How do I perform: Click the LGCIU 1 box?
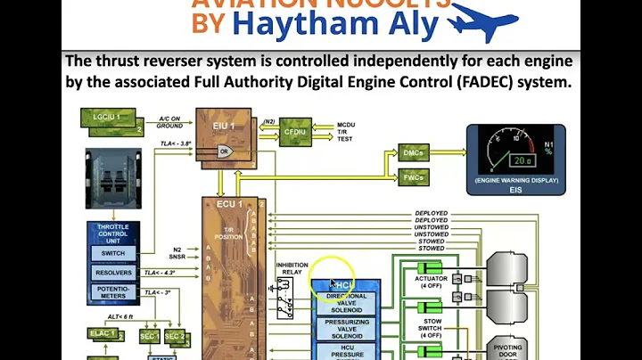(107, 118)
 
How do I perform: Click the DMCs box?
(413, 153)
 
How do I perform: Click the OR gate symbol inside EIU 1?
(226, 151)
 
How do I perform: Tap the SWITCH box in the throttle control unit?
(112, 253)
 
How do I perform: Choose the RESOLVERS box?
(112, 273)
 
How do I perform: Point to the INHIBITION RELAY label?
(292, 268)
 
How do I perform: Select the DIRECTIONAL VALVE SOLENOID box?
(346, 301)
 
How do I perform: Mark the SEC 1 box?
(149, 336)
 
